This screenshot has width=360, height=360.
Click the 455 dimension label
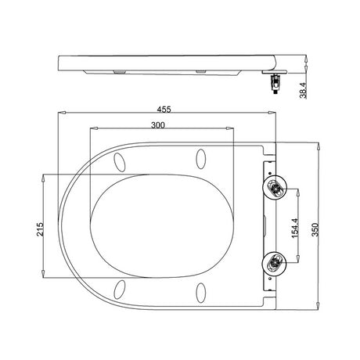[x=164, y=110]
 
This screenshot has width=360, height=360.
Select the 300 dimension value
[x=158, y=125]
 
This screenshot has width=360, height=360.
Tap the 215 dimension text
[x=40, y=229]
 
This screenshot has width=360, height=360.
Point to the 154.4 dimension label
[x=295, y=228]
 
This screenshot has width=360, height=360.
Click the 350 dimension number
[x=315, y=229]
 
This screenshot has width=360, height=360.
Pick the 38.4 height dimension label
[x=303, y=90]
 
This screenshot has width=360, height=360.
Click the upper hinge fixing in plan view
[x=275, y=188]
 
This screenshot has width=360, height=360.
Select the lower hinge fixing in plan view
[x=274, y=263]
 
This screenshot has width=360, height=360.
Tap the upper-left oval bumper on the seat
[x=120, y=162]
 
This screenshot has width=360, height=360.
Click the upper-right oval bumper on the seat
[x=201, y=159]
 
